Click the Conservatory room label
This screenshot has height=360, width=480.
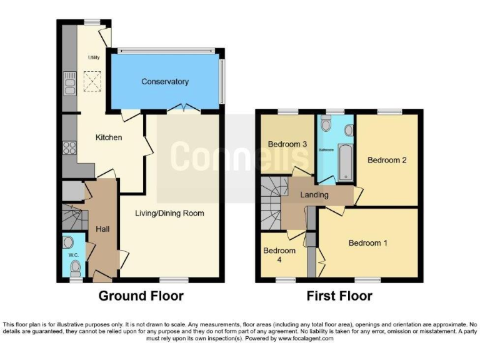pyautogui.click(x=164, y=82)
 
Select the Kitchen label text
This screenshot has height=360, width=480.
pyautogui.click(x=108, y=137)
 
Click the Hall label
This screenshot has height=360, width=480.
pyautogui.click(x=103, y=229)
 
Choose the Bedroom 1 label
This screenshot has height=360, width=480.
pyautogui.click(x=368, y=242)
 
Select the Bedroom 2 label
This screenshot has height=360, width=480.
pyautogui.click(x=387, y=160)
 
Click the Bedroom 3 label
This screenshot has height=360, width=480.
pyautogui.click(x=287, y=144)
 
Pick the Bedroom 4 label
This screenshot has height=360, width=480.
pyautogui.click(x=276, y=255)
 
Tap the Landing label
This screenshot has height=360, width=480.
pyautogui.click(x=314, y=195)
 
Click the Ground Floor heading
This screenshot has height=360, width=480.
pyautogui.click(x=141, y=296)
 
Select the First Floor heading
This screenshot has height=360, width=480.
pyautogui.click(x=339, y=296)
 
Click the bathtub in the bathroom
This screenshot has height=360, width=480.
pyautogui.click(x=344, y=161)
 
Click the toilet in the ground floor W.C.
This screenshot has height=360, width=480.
pyautogui.click(x=75, y=268)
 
